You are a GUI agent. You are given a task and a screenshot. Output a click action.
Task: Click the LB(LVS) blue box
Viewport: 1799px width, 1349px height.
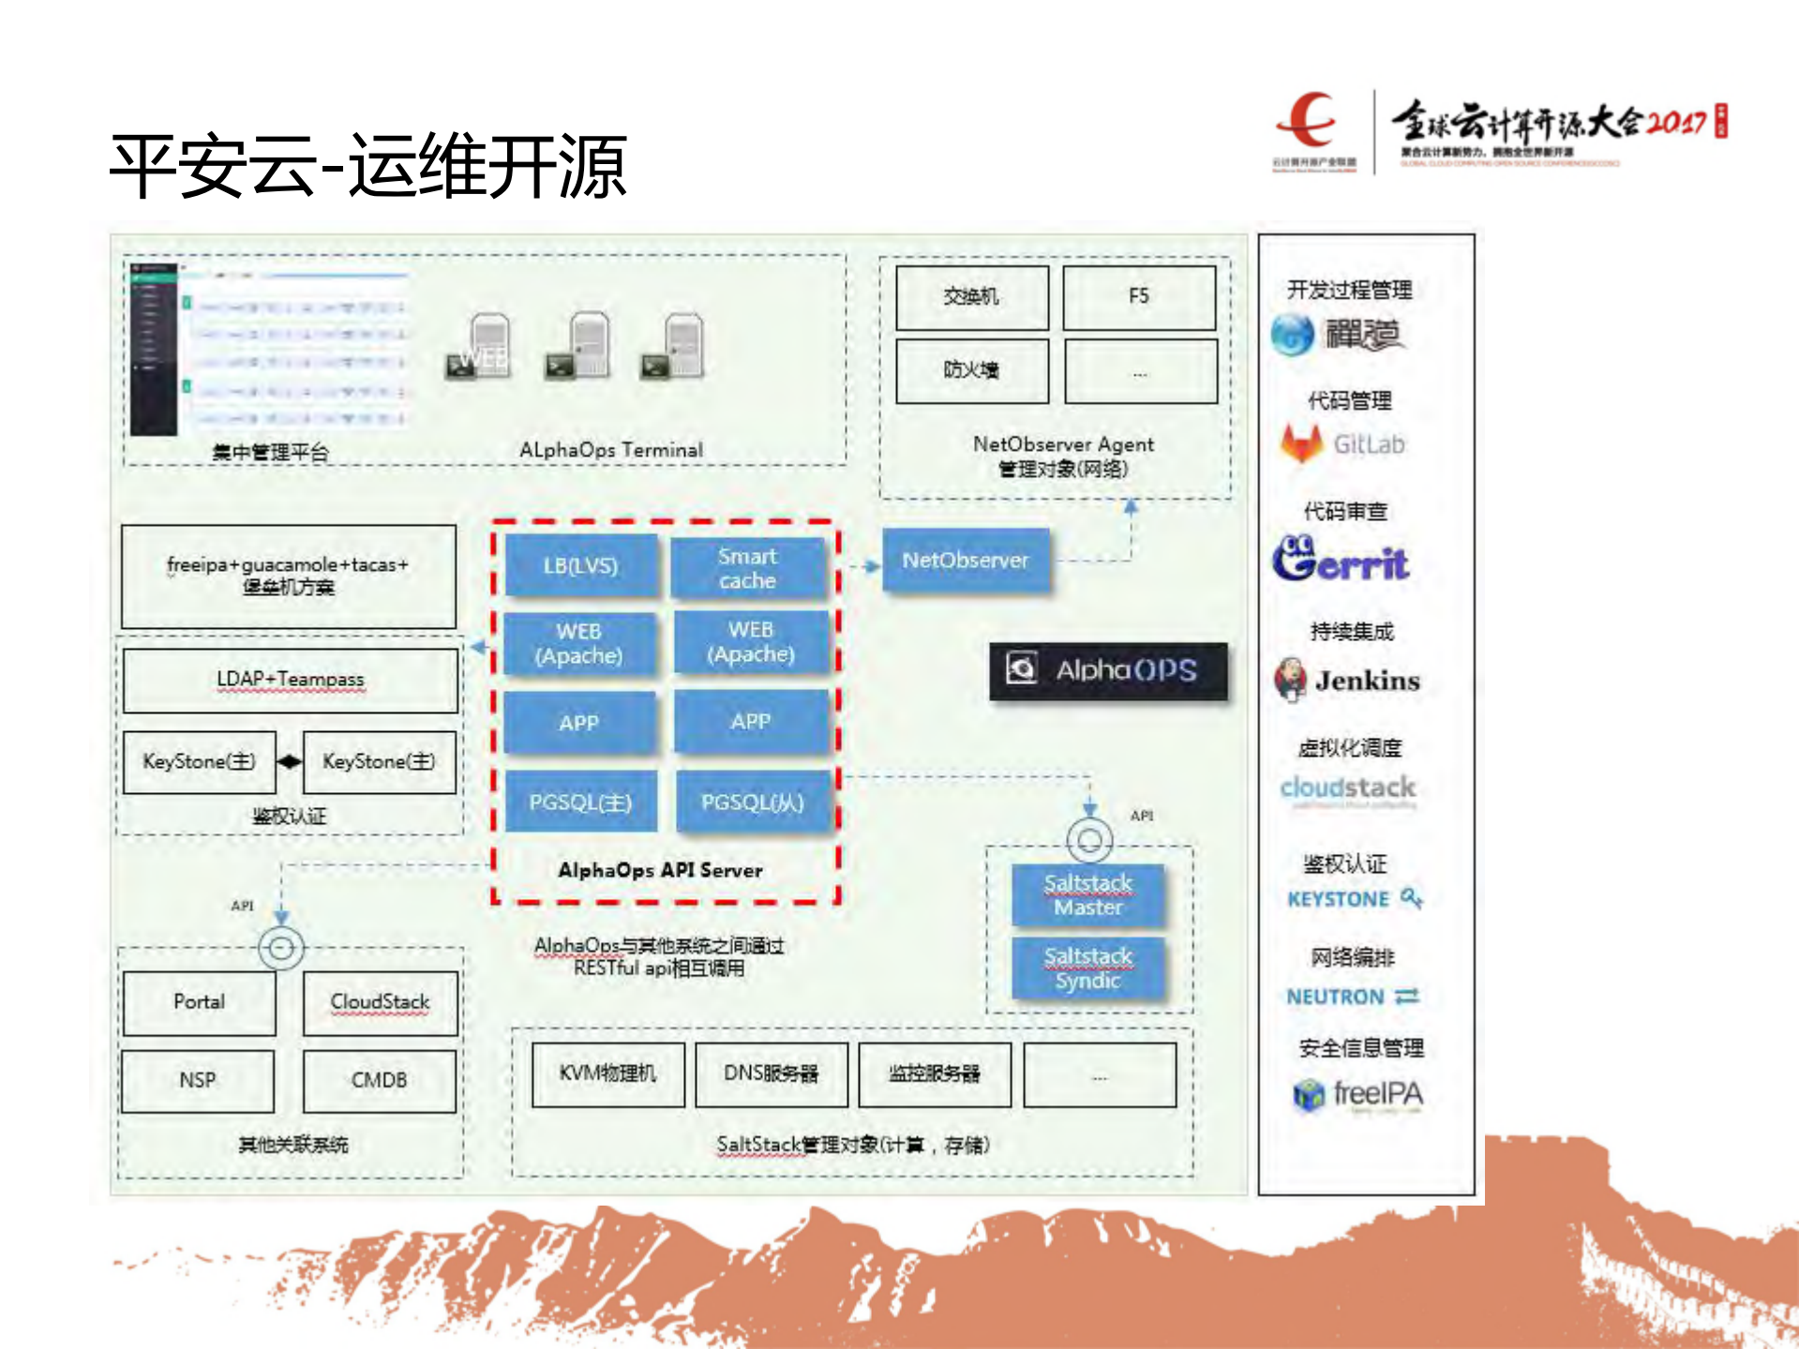coord(581,565)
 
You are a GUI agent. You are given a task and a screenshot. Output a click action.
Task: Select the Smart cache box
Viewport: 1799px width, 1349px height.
coord(748,568)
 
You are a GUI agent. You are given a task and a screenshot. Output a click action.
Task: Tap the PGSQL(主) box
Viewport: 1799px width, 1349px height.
coord(580,802)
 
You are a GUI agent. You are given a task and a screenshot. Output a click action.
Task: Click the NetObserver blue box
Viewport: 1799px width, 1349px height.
coord(966,561)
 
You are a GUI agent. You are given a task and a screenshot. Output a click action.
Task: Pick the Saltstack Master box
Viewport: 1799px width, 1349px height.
coord(1087,894)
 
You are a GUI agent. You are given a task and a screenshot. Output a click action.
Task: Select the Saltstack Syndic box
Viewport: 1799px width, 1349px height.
coord(1087,967)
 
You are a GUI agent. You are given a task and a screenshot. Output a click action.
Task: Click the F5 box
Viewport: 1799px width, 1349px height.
coord(1139,297)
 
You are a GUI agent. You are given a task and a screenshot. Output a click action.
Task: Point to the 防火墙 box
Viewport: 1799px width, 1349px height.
coord(971,370)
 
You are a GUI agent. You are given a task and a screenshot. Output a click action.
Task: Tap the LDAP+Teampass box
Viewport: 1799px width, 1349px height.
coord(290,680)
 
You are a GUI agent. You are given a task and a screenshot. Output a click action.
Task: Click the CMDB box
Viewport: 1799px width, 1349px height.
coord(379,1080)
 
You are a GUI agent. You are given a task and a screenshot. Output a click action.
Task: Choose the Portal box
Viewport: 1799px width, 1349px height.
coord(199,1002)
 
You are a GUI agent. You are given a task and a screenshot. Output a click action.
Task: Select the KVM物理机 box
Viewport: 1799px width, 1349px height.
coord(607,1073)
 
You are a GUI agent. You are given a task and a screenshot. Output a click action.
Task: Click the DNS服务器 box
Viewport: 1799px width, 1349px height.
coord(771,1073)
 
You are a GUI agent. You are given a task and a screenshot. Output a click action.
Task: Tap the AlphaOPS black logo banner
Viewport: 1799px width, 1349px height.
coord(1108,670)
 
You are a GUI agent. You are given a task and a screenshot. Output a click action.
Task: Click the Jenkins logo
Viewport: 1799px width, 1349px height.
coord(1347,680)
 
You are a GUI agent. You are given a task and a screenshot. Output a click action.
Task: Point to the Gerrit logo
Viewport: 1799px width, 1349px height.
coord(1341,560)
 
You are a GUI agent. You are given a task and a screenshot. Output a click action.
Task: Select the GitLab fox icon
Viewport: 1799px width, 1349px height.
coord(1301,443)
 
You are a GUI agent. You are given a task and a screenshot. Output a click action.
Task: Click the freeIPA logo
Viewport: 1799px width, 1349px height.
coord(1357,1094)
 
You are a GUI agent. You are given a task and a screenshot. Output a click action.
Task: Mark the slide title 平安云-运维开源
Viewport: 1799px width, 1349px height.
coord(367,166)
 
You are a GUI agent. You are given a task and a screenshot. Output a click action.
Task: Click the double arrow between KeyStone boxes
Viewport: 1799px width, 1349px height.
coord(290,762)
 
